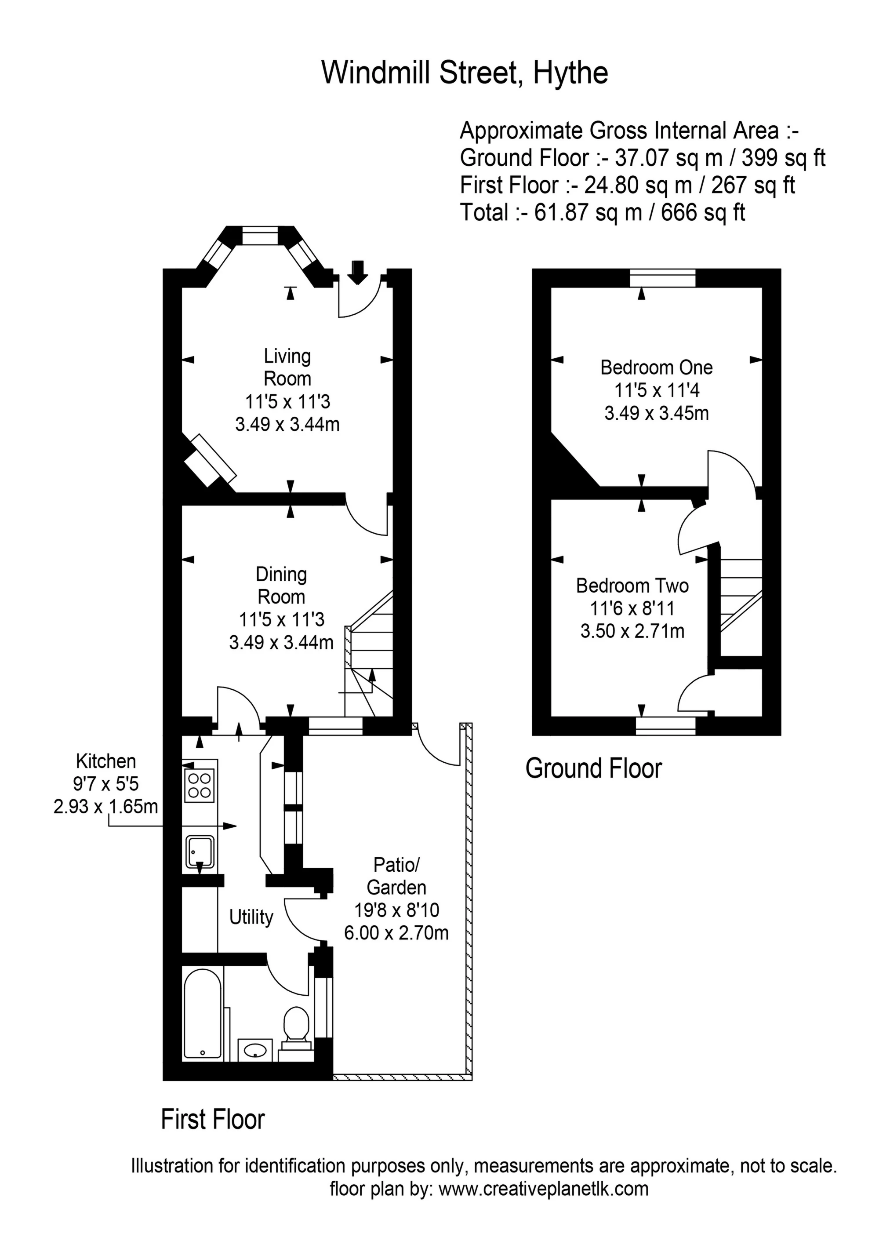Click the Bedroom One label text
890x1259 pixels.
click(x=656, y=368)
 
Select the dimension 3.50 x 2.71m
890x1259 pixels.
click(x=632, y=631)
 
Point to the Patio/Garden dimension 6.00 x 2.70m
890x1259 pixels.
click(x=396, y=933)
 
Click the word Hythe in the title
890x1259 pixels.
click(x=570, y=73)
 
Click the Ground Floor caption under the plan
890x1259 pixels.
click(x=593, y=768)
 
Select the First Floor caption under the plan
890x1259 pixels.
click(x=213, y=1120)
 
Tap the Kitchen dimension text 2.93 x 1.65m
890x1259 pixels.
click(x=106, y=807)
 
